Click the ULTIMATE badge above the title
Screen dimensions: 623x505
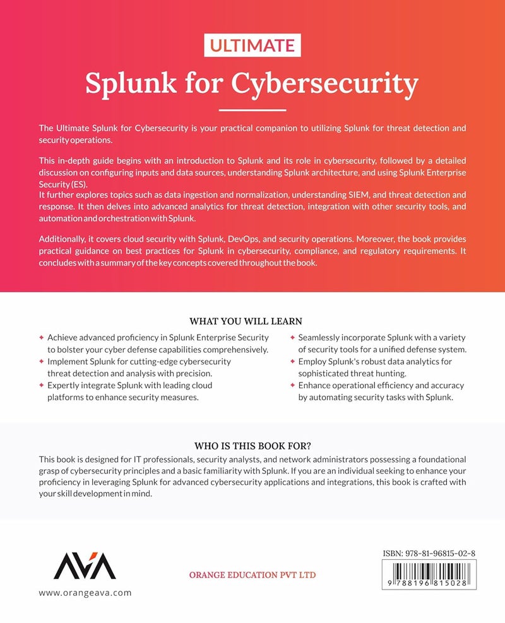click(252, 45)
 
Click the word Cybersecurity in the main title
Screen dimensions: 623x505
click(326, 82)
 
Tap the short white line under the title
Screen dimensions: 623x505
click(252, 110)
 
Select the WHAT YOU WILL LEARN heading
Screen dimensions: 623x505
click(249, 321)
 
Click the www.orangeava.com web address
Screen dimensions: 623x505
click(85, 593)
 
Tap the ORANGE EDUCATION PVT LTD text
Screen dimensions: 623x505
click(252, 575)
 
